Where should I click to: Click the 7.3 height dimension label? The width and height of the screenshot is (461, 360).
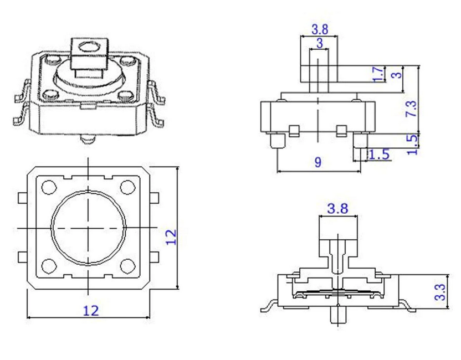point(412,109)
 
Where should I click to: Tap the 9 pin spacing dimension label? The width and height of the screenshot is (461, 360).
point(318,162)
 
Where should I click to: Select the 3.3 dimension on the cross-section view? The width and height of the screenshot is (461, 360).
point(440,292)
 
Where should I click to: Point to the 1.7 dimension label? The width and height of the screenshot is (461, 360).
point(378,74)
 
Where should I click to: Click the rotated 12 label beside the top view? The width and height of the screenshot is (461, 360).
point(171,237)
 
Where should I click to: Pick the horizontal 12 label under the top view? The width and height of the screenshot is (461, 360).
point(91,311)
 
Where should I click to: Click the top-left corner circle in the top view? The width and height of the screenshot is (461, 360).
point(49,187)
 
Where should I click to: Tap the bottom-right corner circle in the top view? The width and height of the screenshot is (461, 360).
point(127,266)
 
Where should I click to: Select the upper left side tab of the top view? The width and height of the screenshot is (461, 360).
point(23,198)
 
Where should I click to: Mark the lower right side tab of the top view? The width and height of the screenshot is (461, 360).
point(155,257)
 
